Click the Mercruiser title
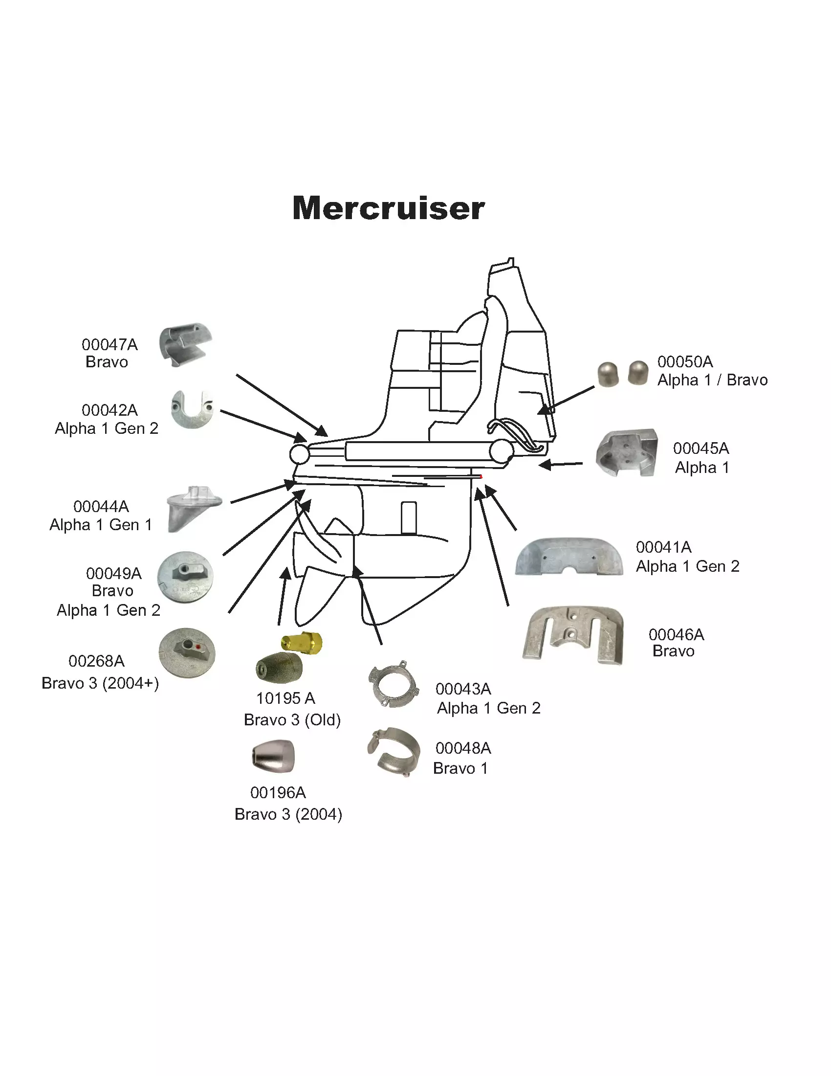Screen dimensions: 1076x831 tap(389, 208)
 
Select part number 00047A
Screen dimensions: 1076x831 tap(109, 344)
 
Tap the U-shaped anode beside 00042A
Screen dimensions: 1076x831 tap(192, 409)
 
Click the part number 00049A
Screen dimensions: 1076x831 tap(114, 573)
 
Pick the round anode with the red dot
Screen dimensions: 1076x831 tap(187, 652)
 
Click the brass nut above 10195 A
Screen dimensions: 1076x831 tap(302, 643)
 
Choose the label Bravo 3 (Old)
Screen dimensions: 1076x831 tap(292, 720)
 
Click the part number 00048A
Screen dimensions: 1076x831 tap(463, 748)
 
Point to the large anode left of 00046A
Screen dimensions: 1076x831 tap(573, 635)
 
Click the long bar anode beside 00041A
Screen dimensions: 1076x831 tap(569, 557)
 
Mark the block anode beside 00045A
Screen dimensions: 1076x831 tap(627, 453)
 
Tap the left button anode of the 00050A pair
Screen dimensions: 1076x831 tap(608, 374)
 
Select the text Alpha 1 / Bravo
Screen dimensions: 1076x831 tap(712, 380)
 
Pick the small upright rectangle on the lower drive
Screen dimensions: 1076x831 tap(409, 518)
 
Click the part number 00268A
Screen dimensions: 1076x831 tap(96, 661)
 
